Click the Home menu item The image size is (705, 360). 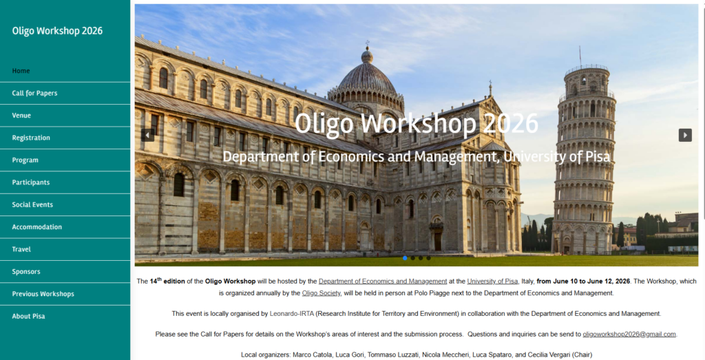point(21,71)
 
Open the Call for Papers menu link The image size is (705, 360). point(34,93)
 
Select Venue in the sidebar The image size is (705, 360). point(21,116)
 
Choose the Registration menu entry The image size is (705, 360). point(31,138)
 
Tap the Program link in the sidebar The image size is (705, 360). point(25,160)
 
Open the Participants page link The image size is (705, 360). point(31,182)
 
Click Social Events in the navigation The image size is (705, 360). point(32,204)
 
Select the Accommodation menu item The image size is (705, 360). point(37,227)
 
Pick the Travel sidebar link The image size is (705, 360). point(21,249)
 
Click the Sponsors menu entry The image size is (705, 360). point(26,272)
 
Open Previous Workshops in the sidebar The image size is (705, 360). point(43,294)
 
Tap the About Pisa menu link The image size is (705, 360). point(28,317)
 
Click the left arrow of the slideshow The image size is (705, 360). point(147,135)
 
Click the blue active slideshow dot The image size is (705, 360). point(405,258)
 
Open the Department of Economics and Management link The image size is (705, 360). point(383,281)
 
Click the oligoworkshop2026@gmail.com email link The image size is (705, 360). point(629,334)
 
